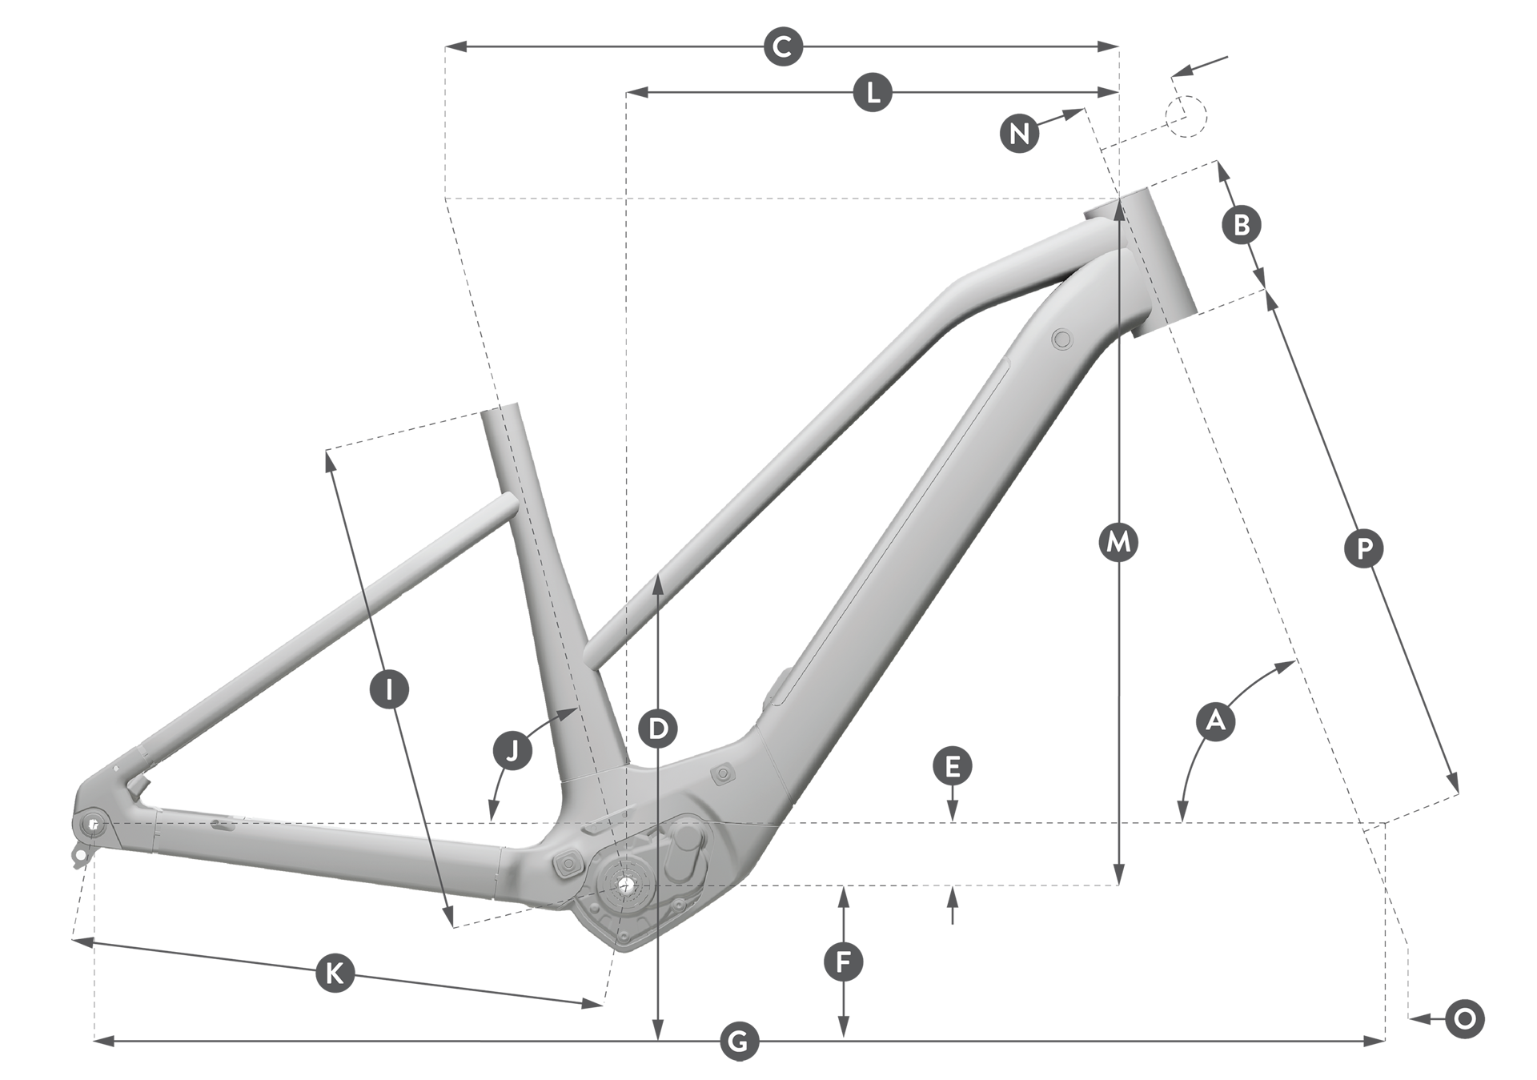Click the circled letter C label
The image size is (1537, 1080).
click(x=783, y=47)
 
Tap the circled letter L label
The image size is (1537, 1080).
click(x=873, y=92)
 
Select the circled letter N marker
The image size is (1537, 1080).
click(x=1019, y=133)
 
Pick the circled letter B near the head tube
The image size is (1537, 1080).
click(x=1242, y=225)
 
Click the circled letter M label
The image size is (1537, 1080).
click(x=1118, y=543)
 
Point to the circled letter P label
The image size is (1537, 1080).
click(x=1364, y=548)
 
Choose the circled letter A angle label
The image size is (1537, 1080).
click(x=1215, y=721)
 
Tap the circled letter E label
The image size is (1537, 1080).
click(x=952, y=767)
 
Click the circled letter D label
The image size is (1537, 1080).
click(x=658, y=729)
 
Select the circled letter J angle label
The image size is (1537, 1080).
click(x=513, y=750)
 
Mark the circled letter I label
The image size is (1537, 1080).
click(x=389, y=689)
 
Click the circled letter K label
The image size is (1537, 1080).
click(x=335, y=973)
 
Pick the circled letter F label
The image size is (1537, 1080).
click(x=843, y=962)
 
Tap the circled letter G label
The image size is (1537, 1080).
click(x=738, y=1042)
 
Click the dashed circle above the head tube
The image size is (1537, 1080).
click(x=1185, y=117)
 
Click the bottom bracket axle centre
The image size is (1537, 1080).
click(x=624, y=884)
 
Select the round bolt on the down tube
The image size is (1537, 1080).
click(x=1063, y=339)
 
